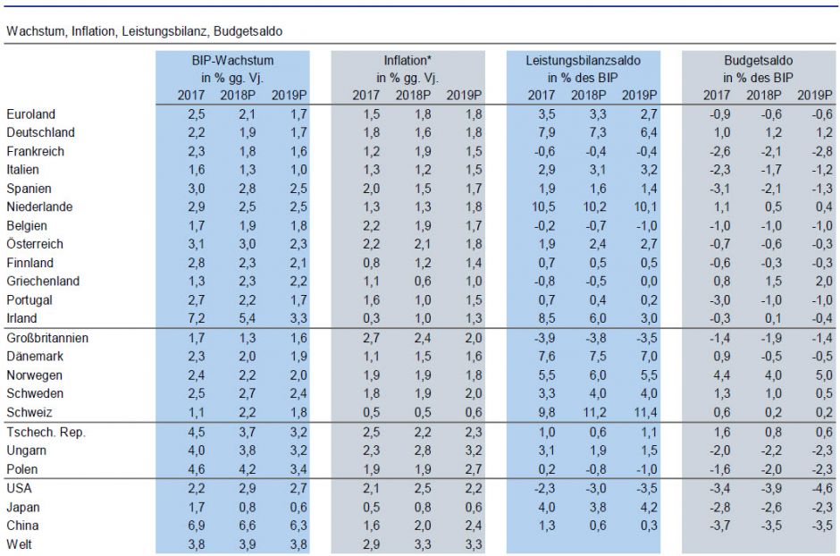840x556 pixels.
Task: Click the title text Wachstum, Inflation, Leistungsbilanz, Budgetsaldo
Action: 144,31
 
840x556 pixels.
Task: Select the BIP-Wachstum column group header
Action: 232,61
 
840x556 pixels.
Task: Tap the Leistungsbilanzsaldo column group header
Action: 584,61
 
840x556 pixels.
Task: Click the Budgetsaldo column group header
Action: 759,61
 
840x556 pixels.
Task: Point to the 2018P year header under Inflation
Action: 413,95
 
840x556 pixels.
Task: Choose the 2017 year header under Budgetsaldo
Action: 717,95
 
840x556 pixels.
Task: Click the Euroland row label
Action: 30,114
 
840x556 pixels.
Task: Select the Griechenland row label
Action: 43,282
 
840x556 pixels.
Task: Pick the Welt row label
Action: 19,544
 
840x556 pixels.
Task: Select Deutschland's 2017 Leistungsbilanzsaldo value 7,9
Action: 545,132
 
